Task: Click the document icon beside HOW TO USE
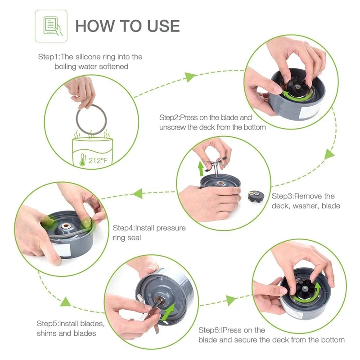click(52, 26)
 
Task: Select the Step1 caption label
click(90, 61)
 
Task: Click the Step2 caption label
click(212, 122)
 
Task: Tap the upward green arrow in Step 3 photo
click(201, 169)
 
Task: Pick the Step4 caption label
click(149, 233)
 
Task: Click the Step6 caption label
click(271, 335)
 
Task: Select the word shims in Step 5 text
click(46, 333)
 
